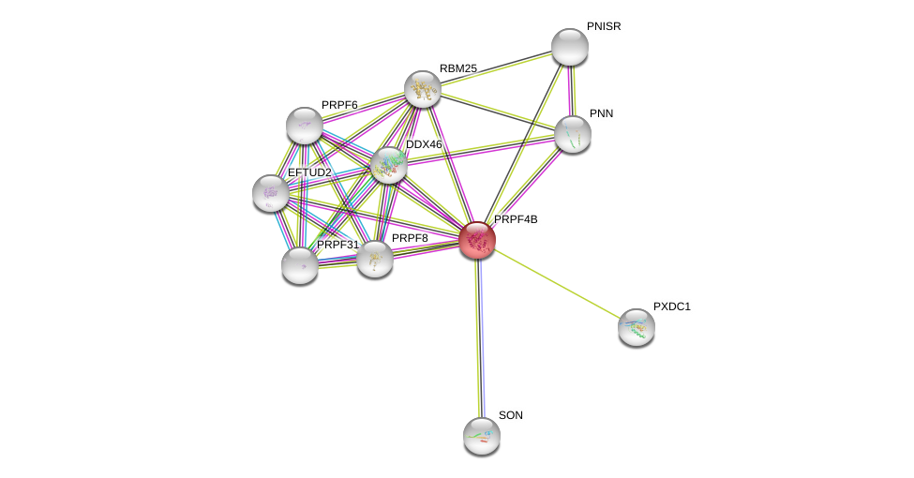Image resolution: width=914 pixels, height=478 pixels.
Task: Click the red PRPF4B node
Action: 477,240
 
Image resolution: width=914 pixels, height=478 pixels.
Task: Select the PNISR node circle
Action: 569,47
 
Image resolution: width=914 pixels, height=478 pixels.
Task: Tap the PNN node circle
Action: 573,134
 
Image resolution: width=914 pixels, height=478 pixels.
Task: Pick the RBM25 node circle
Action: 423,89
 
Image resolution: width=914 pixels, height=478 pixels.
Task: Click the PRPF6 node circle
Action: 305,126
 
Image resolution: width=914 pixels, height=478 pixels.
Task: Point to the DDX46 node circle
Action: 389,165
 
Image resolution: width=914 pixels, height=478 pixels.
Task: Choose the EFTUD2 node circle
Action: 271,193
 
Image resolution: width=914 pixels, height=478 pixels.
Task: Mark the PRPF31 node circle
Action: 300,265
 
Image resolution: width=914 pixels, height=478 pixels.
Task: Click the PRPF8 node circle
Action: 375,259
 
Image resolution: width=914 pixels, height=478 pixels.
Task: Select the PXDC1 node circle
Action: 637,327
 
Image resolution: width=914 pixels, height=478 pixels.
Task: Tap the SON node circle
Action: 482,436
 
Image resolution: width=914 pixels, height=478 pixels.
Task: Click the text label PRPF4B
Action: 516,219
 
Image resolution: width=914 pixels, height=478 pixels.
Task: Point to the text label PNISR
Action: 604,26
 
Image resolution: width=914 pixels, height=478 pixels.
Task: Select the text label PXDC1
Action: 671,306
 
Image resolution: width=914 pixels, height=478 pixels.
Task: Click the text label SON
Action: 511,415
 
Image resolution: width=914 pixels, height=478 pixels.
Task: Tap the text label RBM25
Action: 458,68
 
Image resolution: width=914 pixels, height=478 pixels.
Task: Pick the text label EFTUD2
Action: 309,172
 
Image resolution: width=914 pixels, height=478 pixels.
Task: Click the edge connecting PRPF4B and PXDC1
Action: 557,283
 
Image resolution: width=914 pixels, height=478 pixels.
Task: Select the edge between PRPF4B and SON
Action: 480,337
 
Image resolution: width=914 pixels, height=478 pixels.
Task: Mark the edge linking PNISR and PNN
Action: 571,91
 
